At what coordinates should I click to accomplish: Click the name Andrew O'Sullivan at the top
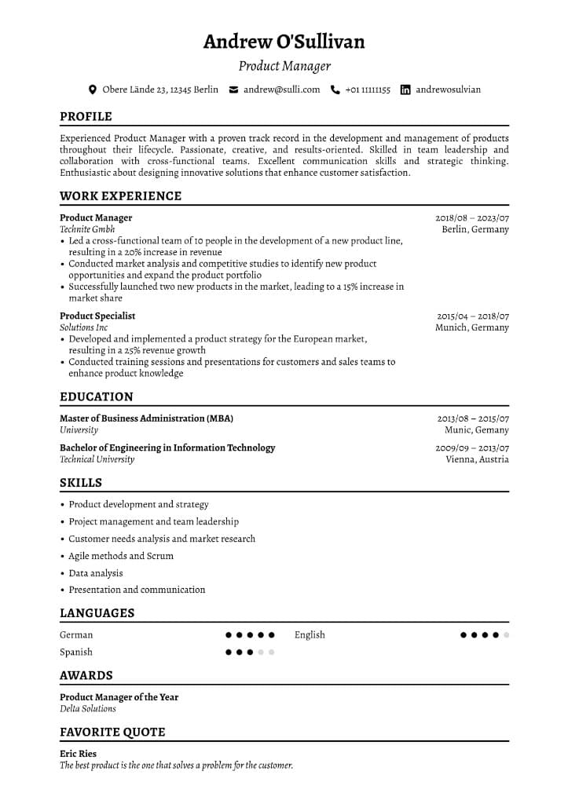point(284,42)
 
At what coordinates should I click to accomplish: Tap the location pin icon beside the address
point(93,90)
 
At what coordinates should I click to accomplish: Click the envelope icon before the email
point(233,90)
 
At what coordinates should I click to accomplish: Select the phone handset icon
point(335,90)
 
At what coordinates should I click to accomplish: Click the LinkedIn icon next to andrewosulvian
point(405,90)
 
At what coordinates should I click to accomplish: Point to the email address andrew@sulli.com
point(281,90)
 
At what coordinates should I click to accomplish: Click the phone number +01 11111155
point(368,90)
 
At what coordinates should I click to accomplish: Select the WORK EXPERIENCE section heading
point(120,196)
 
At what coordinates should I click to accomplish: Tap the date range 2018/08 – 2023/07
point(472,218)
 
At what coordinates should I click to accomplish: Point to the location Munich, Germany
point(472,327)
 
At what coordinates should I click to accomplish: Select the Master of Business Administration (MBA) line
point(146,418)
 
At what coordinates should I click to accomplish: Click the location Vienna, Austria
point(477,459)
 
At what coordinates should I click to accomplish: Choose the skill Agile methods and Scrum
point(121,556)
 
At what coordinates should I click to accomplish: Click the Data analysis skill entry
point(96,573)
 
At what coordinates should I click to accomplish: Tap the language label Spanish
point(76,652)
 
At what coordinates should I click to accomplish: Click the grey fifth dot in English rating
point(506,635)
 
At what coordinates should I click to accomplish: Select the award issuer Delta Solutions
point(88,708)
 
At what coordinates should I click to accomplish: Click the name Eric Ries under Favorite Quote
point(78,754)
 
